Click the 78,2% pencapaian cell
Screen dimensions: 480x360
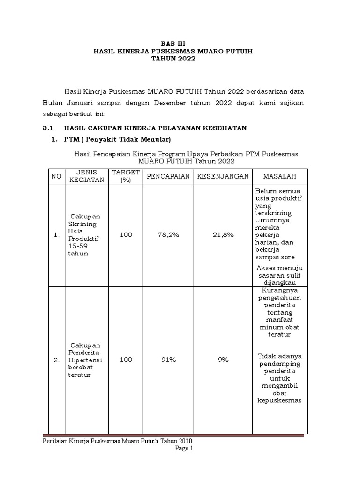tap(168, 235)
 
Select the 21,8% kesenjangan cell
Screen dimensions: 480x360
tap(223, 235)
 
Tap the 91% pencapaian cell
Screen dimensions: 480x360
tap(168, 360)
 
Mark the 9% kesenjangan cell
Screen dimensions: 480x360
tap(223, 360)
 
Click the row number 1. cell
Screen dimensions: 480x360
tap(56, 235)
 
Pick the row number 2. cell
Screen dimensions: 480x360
tap(56, 360)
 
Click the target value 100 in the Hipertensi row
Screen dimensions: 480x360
tap(126, 360)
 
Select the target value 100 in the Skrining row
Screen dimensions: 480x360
tap(126, 235)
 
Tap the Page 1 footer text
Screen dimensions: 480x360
tap(184, 448)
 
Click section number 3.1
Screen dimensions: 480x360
tap(49, 127)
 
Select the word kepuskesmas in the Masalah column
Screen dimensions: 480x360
tap(279, 400)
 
